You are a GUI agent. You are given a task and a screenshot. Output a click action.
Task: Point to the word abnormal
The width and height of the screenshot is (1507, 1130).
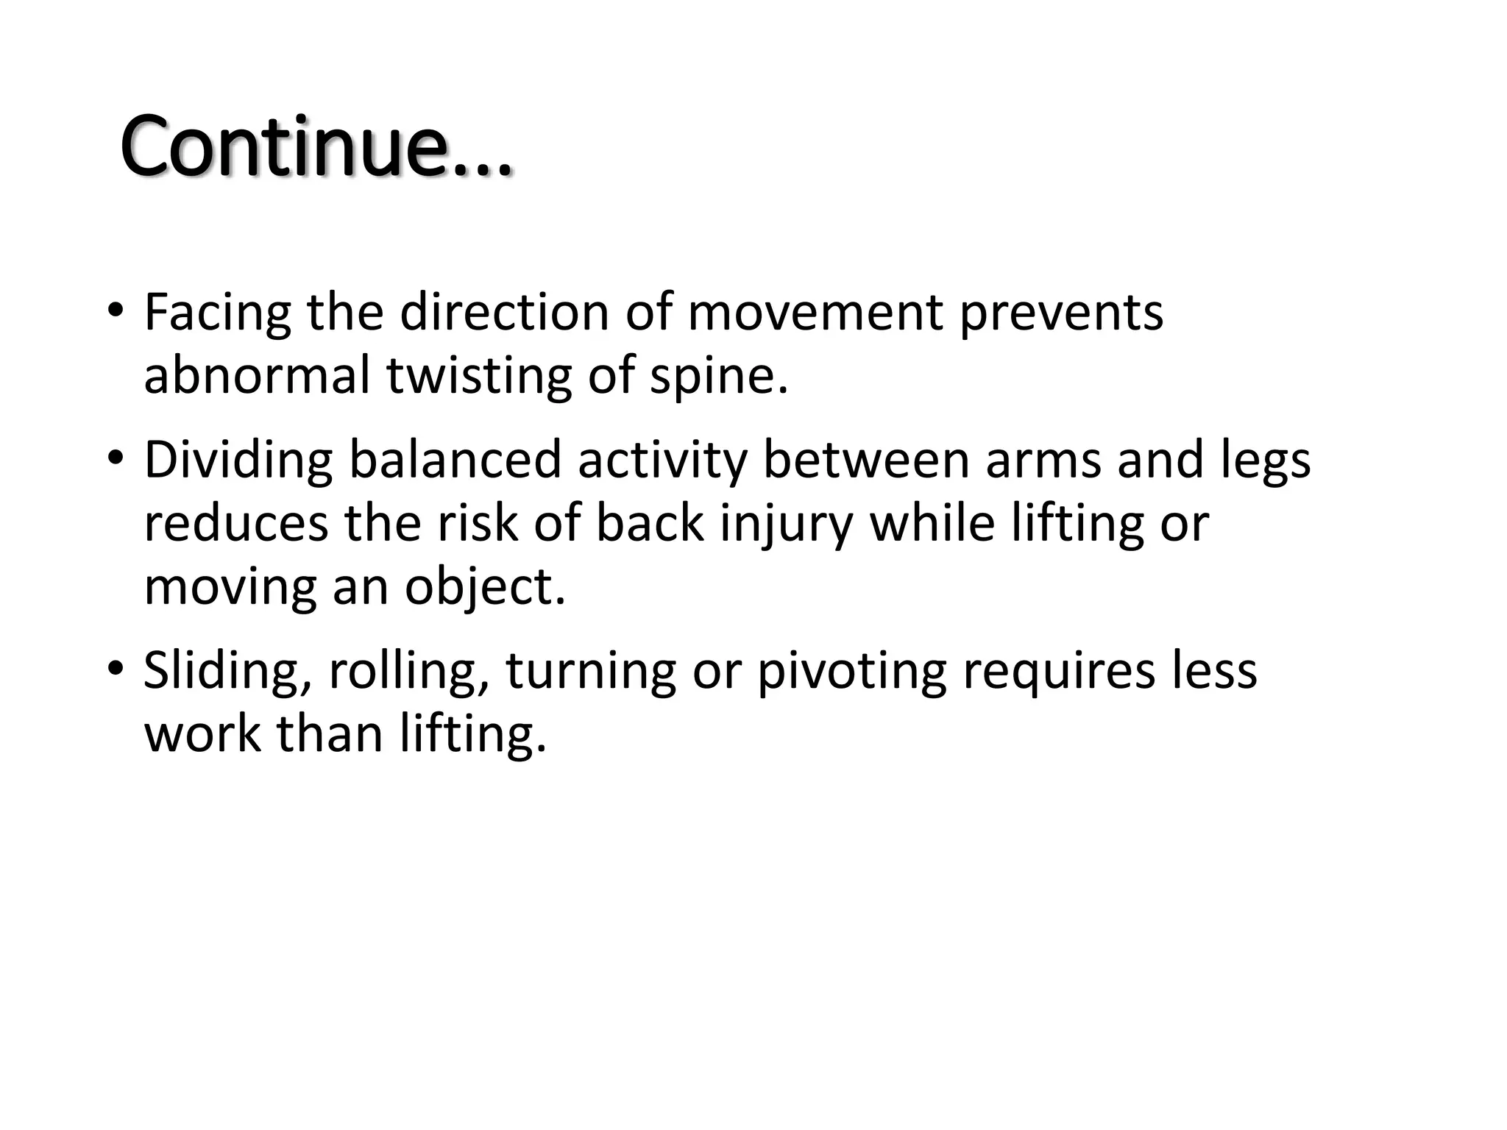click(x=257, y=375)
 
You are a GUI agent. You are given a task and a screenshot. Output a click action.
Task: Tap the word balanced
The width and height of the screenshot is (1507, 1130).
click(x=455, y=460)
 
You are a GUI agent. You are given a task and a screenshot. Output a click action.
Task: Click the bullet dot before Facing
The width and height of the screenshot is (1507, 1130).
click(x=116, y=310)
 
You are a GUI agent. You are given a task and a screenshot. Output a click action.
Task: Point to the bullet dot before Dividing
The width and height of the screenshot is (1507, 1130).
click(x=116, y=458)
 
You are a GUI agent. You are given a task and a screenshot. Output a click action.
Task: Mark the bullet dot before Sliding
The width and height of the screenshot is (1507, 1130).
click(x=116, y=668)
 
